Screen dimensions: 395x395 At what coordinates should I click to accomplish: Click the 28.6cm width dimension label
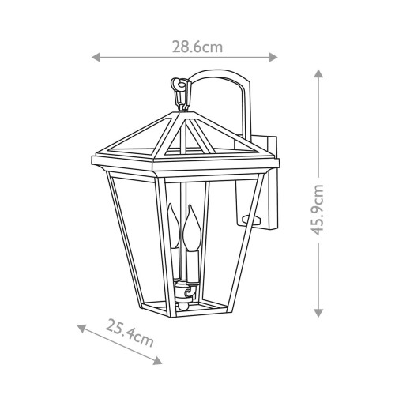click(197, 47)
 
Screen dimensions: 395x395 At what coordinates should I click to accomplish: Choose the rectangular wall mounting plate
click(269, 182)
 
